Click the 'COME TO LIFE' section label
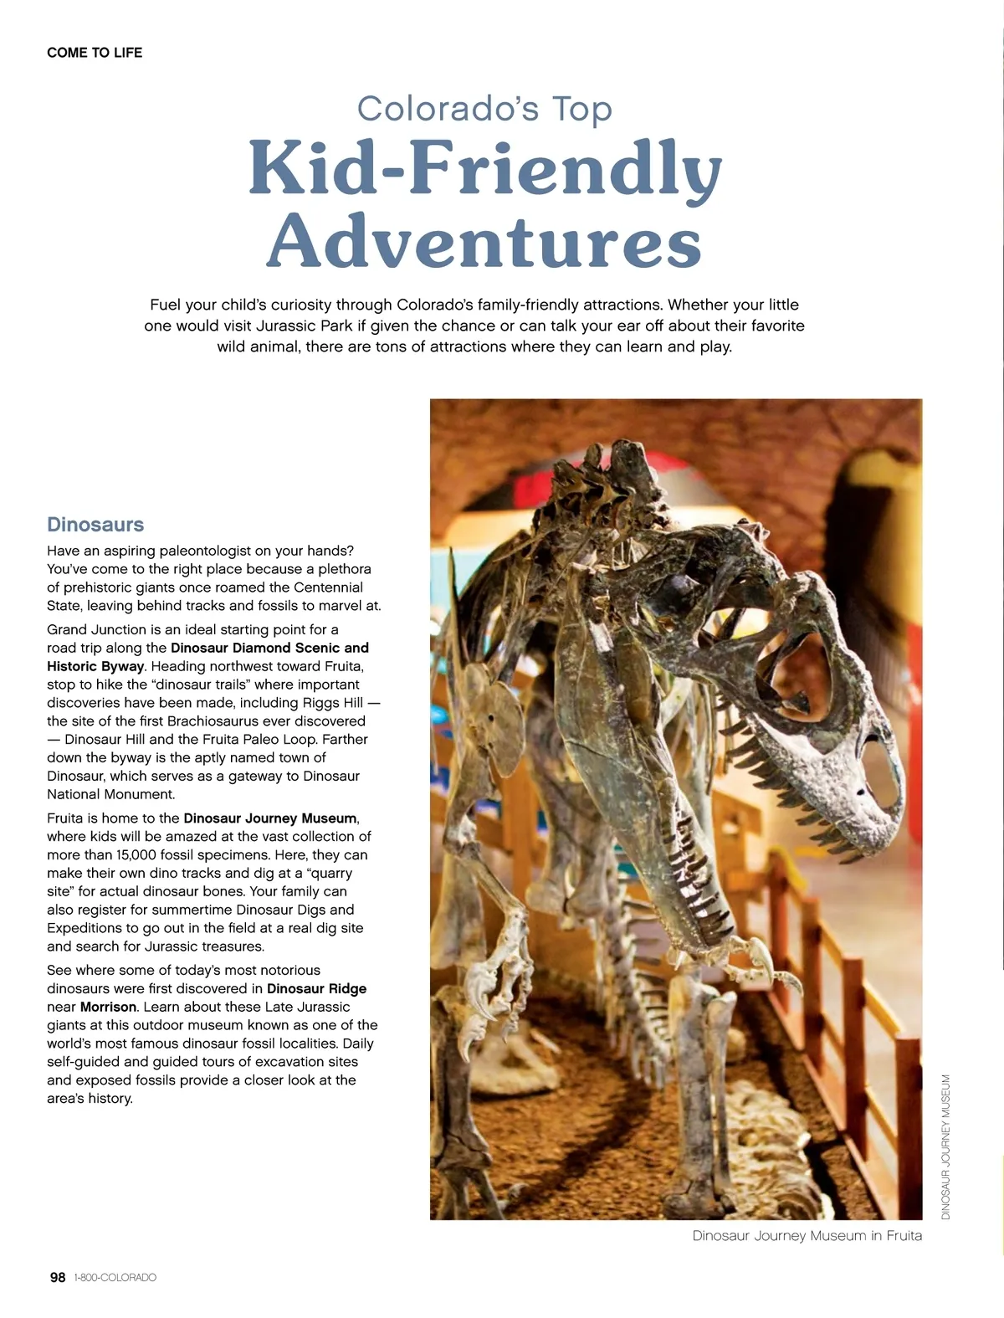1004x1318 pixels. point(95,53)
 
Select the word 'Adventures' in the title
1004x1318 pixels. point(484,240)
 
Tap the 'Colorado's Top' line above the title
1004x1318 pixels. point(484,109)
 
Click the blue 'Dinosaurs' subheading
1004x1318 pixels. point(95,525)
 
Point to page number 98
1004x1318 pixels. point(58,1277)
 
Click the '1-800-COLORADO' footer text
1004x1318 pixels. point(115,1278)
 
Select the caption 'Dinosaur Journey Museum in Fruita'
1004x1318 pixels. point(807,1236)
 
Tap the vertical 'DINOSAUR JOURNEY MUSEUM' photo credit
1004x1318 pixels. point(946,1146)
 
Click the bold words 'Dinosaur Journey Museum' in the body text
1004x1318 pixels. point(270,818)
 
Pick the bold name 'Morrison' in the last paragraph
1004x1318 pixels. point(108,1007)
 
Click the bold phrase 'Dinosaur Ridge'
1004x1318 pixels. point(316,988)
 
